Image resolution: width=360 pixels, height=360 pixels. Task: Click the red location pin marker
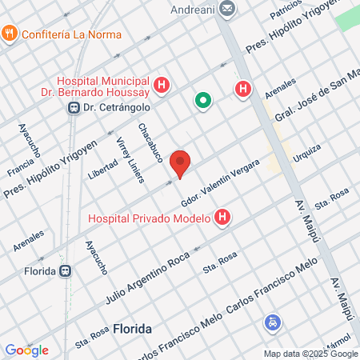pyautogui.click(x=181, y=163)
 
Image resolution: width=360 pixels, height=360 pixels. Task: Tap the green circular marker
pyautogui.click(x=203, y=101)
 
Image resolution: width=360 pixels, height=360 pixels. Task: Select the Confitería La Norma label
pyautogui.click(x=72, y=34)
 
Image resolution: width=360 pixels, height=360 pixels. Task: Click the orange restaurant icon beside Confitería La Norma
pyautogui.click(x=10, y=34)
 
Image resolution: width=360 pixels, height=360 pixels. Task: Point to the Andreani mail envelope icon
pyautogui.click(x=228, y=10)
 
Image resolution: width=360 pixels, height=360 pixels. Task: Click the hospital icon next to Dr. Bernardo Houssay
pyautogui.click(x=162, y=84)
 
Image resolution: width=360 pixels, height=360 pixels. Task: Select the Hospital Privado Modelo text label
pyautogui.click(x=149, y=218)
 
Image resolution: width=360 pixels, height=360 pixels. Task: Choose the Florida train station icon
pyautogui.click(x=70, y=270)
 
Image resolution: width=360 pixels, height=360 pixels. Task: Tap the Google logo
pyautogui.click(x=26, y=350)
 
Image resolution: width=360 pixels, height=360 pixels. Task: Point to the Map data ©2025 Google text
pyautogui.click(x=311, y=354)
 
